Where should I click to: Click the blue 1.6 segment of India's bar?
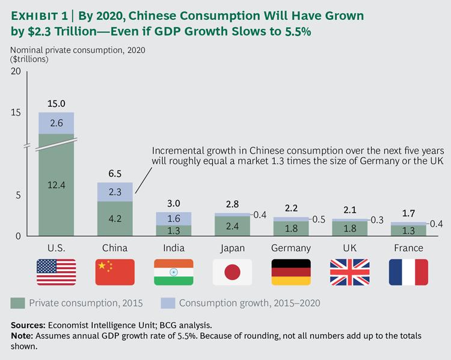tap(174, 218)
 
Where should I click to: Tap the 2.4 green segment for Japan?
tap(233, 227)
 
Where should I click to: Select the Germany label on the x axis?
tap(292, 248)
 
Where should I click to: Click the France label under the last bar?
tap(408, 248)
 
